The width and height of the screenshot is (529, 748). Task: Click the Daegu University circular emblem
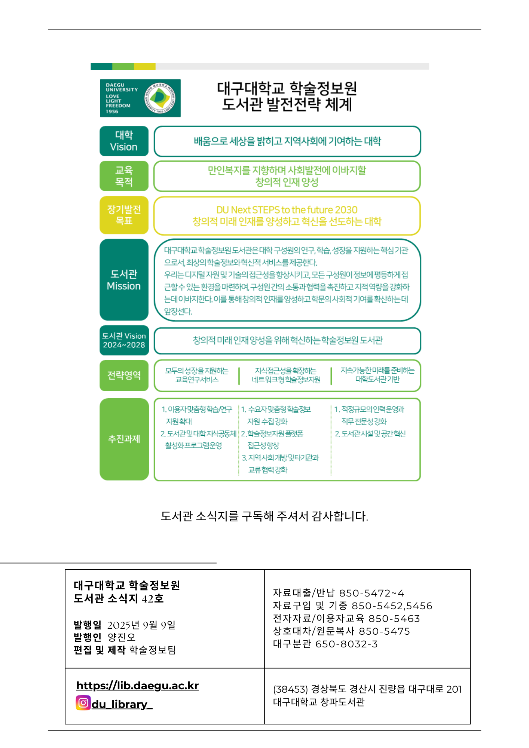tap(160, 98)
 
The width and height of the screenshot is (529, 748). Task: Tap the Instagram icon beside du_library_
tap(83, 703)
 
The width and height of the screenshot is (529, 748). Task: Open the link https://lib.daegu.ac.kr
tap(137, 686)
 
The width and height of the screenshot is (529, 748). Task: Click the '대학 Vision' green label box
tap(124, 141)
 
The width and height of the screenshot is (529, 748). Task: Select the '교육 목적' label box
tap(124, 176)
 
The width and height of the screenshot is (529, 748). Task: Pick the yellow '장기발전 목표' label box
tap(124, 215)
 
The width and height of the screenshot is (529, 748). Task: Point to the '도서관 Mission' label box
tap(124, 280)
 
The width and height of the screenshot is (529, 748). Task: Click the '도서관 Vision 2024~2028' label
tap(124, 340)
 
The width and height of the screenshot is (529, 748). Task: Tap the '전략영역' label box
tap(124, 375)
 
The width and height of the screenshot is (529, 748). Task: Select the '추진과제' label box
tap(124, 439)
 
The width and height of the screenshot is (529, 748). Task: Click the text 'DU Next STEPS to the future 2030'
tap(287, 210)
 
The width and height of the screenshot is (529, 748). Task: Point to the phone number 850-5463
tap(394, 619)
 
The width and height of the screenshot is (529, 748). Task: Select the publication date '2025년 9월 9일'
tap(141, 625)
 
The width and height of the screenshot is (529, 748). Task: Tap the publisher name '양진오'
tap(122, 637)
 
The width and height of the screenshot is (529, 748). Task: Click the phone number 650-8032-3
tap(346, 644)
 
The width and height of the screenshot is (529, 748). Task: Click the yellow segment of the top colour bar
tap(145, 67)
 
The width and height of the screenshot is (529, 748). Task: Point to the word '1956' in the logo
tap(112, 111)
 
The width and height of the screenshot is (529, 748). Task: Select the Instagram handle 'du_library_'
tap(122, 705)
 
